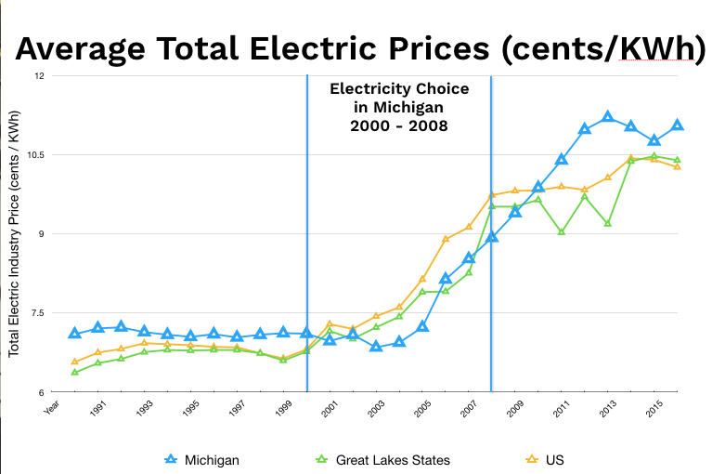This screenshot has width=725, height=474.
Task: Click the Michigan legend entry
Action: pos(209,458)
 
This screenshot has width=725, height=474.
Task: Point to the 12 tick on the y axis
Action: pos(38,75)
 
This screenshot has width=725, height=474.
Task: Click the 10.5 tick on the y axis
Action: pos(34,155)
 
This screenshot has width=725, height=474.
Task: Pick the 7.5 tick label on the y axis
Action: pos(38,313)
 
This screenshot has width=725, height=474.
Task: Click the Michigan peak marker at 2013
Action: pos(608,117)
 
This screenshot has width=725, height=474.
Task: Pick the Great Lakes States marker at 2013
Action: pos(608,224)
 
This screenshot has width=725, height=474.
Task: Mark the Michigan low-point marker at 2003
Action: pos(376,347)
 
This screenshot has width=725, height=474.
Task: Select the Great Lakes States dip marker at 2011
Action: pos(562,231)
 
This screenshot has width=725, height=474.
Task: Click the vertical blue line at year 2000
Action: pos(307,232)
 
